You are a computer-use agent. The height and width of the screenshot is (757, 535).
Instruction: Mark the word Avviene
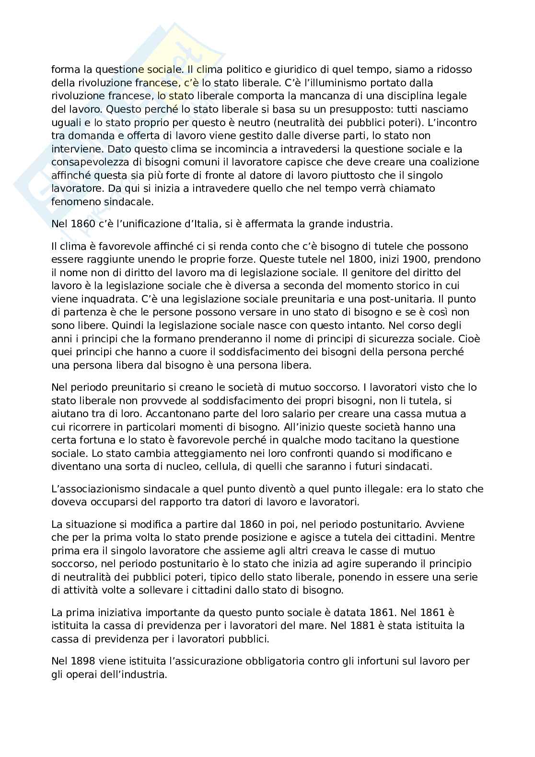pyautogui.click(x=447, y=524)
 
